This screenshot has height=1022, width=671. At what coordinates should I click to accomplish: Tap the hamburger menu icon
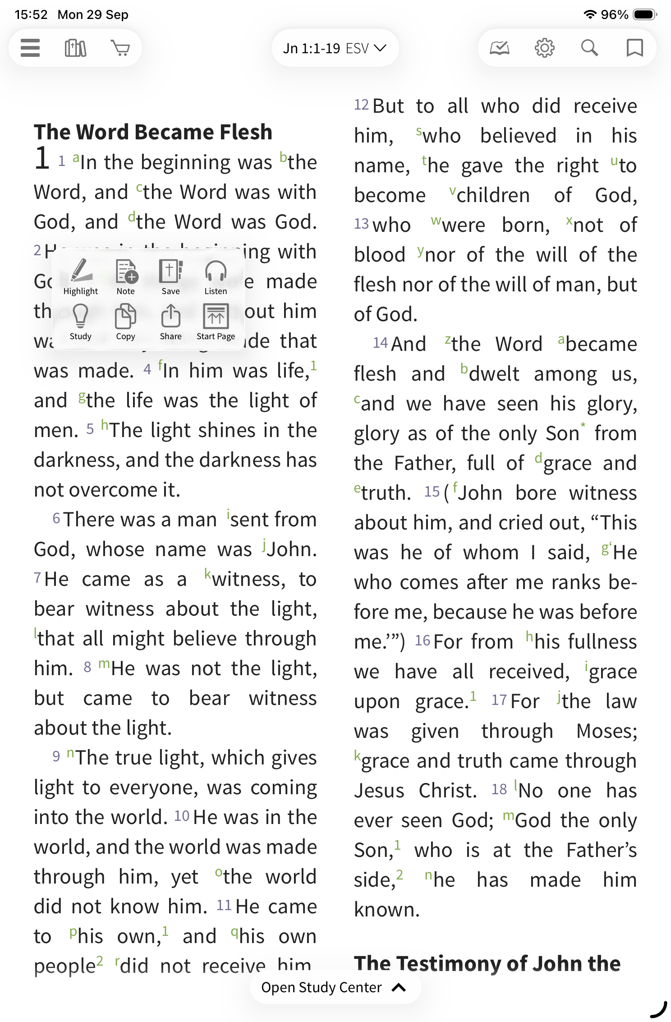(30, 48)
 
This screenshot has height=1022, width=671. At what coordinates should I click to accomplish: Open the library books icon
(75, 48)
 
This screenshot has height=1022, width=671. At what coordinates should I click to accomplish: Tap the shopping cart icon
(120, 48)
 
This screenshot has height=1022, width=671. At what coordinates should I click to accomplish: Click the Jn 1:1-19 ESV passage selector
(335, 48)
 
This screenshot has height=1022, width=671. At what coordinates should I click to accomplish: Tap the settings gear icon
(544, 48)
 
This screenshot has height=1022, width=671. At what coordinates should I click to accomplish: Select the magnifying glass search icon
(589, 48)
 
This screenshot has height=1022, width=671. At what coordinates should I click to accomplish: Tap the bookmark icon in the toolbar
(634, 48)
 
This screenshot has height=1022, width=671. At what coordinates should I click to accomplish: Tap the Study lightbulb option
(81, 322)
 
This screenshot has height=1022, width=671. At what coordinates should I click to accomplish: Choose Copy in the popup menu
(126, 322)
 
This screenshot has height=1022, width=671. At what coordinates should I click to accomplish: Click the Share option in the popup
(171, 322)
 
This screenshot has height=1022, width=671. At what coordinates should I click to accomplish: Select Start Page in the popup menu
(216, 322)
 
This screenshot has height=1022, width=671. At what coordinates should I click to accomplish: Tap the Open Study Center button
(335, 987)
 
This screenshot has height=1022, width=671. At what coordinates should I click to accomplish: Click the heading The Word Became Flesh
(153, 132)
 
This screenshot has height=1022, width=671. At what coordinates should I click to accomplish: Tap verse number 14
(380, 343)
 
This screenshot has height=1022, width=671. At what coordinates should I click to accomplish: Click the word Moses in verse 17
(606, 731)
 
